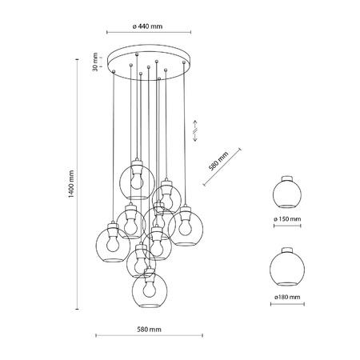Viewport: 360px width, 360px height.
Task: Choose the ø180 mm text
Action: click(287, 297)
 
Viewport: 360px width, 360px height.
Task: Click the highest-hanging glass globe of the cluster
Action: click(137, 179)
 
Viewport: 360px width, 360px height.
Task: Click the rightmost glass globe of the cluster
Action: click(185, 226)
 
